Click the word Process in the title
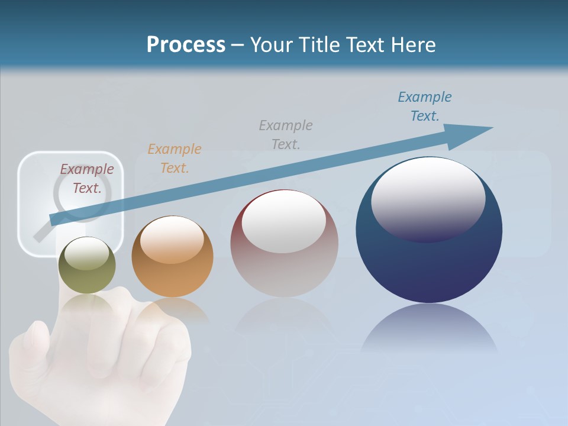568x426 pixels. (186, 45)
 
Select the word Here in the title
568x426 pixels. (412, 45)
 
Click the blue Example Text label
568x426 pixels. (425, 106)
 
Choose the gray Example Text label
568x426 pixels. (286, 134)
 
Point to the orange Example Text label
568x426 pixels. (175, 158)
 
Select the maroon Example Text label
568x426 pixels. (87, 179)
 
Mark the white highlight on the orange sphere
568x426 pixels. (172, 239)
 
